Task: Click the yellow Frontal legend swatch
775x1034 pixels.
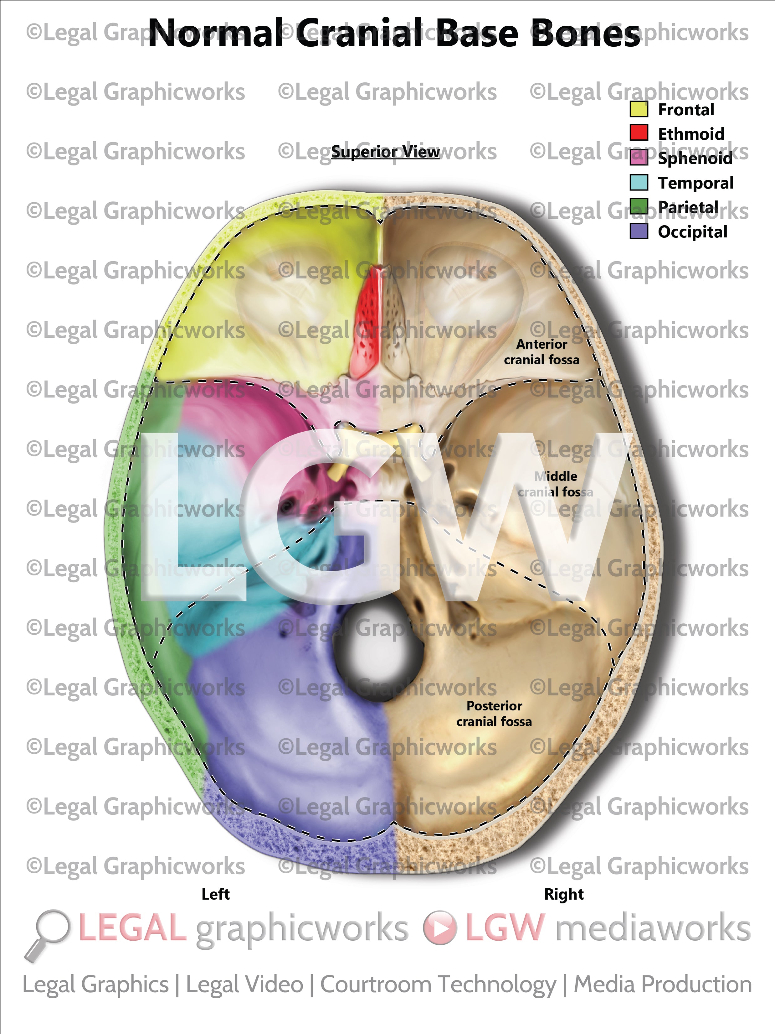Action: (639, 109)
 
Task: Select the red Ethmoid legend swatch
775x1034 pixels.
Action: (639, 133)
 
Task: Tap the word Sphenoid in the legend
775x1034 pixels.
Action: (695, 158)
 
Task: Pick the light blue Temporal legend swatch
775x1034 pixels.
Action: (639, 182)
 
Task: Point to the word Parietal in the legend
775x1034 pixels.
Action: (688, 207)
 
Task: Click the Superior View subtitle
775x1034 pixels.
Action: (385, 152)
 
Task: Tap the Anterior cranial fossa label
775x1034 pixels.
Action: (541, 351)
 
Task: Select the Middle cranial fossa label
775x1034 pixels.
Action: (556, 484)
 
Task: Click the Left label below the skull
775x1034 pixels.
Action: (215, 894)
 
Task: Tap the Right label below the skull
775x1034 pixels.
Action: (564, 894)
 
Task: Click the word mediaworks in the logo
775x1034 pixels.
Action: (652, 928)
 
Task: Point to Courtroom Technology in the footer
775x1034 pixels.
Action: (438, 985)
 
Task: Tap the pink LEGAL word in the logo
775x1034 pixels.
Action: (133, 928)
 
